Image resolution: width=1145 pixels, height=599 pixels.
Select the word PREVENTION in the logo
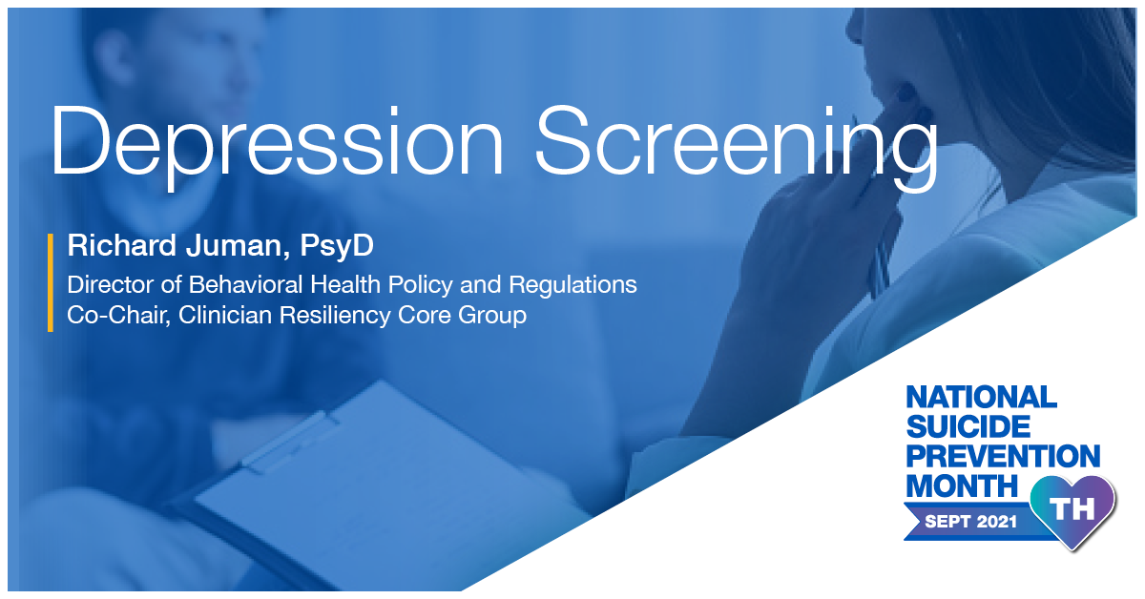1002,456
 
